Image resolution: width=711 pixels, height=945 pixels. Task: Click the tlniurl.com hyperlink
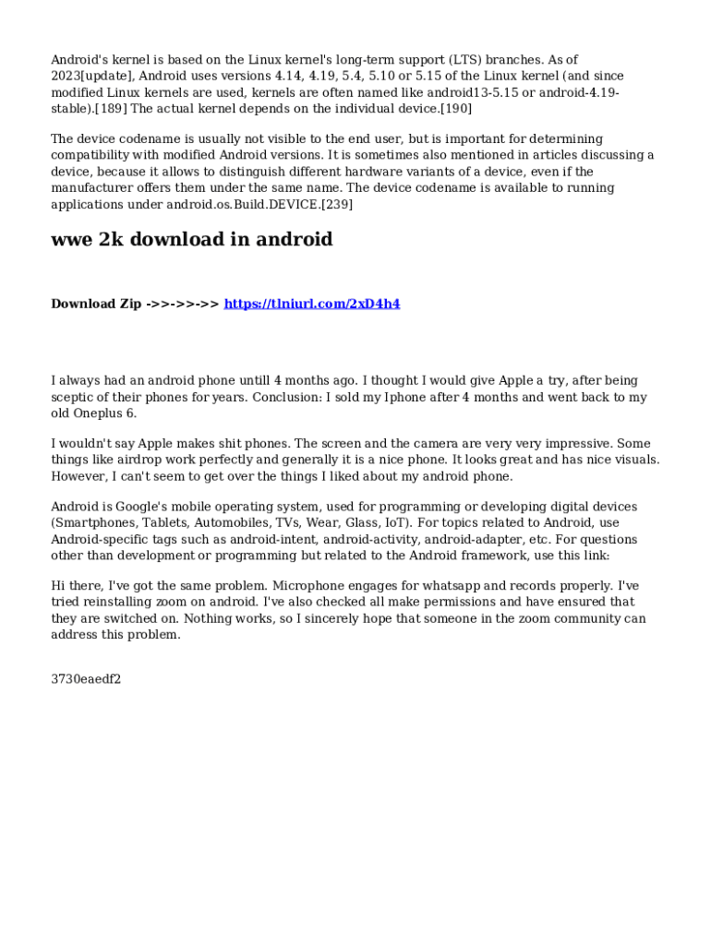point(312,304)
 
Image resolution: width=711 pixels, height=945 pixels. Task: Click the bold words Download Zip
point(96,304)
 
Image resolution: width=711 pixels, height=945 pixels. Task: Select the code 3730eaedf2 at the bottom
point(86,679)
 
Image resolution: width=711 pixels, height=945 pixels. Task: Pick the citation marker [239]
point(336,204)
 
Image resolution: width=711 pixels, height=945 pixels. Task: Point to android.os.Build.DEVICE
point(243,204)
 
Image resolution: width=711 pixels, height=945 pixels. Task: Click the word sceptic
point(74,397)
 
